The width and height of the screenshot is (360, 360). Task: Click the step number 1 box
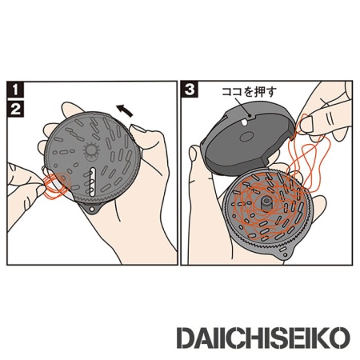(14, 89)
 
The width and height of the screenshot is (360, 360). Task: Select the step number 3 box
(190, 90)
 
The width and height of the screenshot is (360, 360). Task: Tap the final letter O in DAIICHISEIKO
(342, 334)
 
